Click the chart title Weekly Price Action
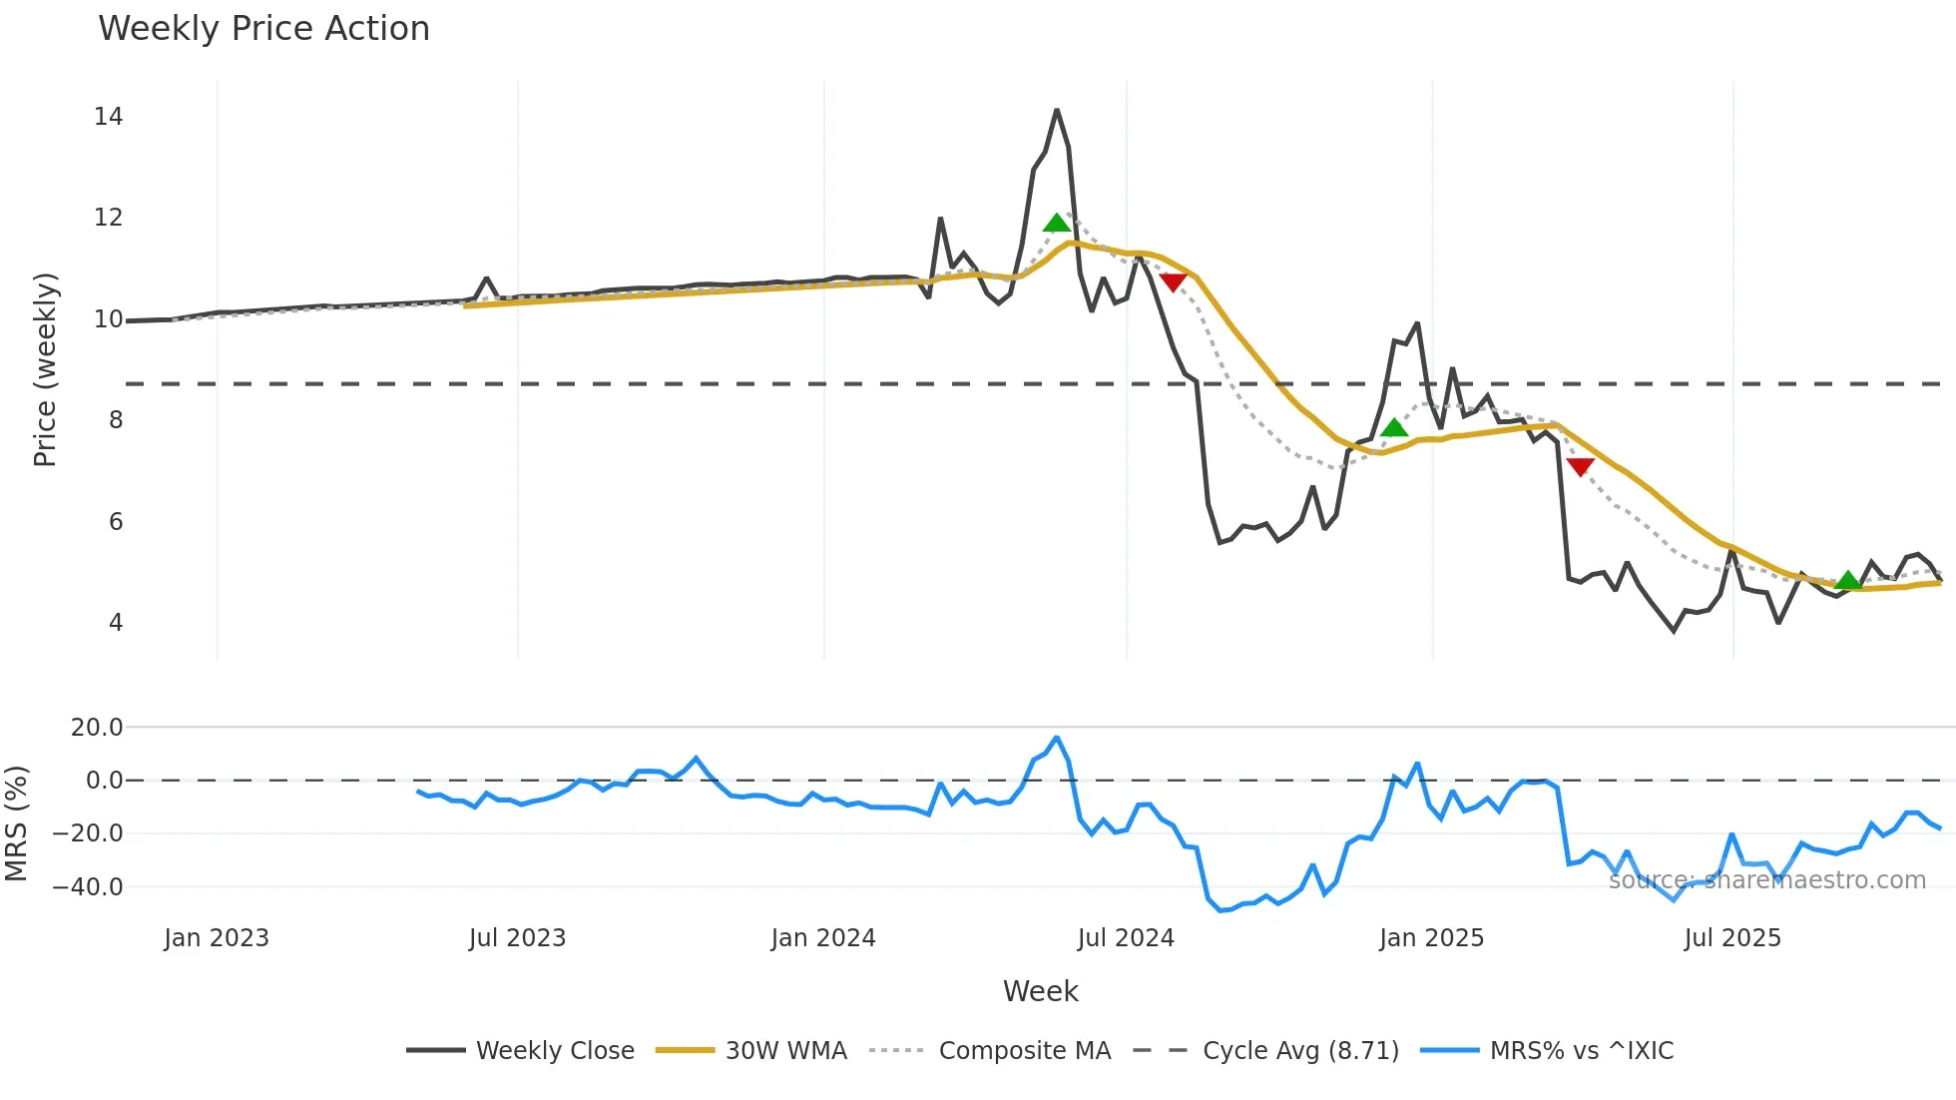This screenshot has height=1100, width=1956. [263, 29]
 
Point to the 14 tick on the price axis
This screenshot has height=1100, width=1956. [109, 117]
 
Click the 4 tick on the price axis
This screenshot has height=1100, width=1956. [116, 623]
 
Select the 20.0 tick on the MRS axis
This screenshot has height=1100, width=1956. [97, 728]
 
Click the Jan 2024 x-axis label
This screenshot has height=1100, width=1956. [823, 938]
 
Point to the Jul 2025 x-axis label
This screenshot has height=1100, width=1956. [1732, 938]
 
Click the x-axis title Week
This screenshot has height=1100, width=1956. [1040, 991]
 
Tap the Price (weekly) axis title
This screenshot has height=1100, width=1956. [46, 369]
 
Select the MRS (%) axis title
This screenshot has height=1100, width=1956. [16, 824]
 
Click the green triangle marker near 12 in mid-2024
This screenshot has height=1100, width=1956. [1056, 223]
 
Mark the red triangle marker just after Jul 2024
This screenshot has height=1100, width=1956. [1174, 282]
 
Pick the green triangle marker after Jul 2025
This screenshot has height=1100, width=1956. [1848, 580]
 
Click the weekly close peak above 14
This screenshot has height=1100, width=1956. [1057, 111]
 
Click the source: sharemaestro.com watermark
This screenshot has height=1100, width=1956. [1766, 880]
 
